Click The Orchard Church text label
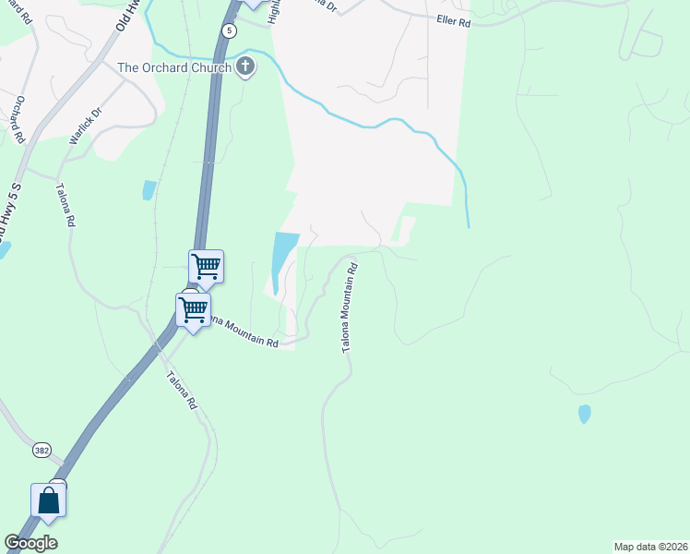point(173,67)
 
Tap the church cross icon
point(244,66)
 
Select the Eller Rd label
point(453,20)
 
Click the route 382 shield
point(41,450)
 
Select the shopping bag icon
point(48,500)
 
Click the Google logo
point(30,543)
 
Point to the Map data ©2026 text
point(650,546)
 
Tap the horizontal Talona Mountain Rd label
point(242,331)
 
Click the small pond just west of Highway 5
point(149,190)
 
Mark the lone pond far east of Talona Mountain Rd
point(584,414)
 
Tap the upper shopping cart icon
point(207,267)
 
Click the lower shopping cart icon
point(194,309)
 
